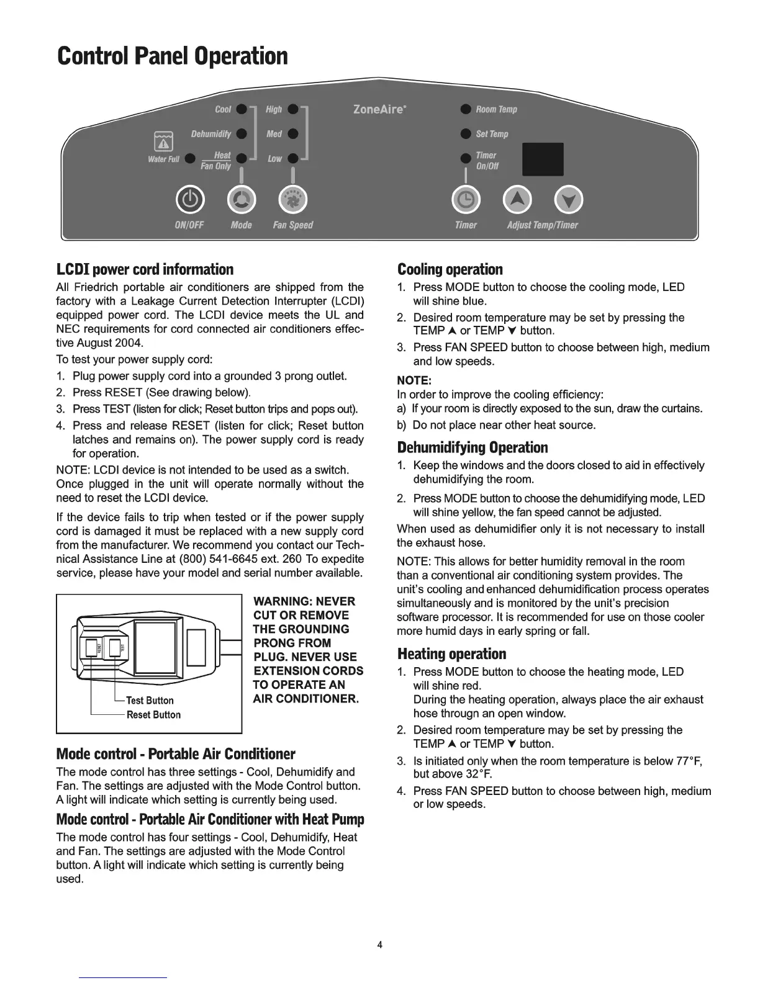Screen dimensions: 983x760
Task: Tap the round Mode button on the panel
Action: (242, 199)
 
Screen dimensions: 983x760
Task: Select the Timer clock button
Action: (466, 199)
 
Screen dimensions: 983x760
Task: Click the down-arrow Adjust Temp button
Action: (569, 199)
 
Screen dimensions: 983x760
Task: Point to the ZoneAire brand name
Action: (379, 110)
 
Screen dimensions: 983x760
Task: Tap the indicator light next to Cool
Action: (243, 109)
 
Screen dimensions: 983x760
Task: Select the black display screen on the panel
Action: (543, 159)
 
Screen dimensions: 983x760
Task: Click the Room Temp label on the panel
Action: (496, 110)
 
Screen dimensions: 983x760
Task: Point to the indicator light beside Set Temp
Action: (465, 134)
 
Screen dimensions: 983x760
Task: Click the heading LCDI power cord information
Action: (145, 269)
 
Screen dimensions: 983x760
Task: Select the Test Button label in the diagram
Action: (150, 701)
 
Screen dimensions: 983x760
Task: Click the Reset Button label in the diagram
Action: (153, 715)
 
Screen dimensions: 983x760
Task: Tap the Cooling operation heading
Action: (450, 269)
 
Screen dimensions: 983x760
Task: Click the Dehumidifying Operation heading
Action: (472, 447)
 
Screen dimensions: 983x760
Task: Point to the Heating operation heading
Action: (451, 654)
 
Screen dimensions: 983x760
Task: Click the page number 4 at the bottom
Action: (380, 945)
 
